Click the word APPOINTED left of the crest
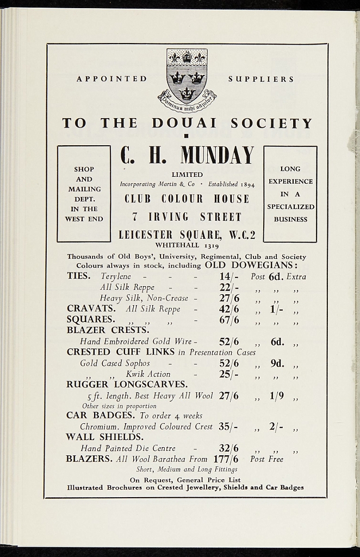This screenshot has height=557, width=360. pyautogui.click(x=112, y=79)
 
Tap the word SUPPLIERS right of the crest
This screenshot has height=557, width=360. pyautogui.click(x=261, y=79)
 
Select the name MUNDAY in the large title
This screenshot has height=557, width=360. pyautogui.click(x=218, y=155)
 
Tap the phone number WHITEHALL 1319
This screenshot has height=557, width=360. pyautogui.click(x=187, y=245)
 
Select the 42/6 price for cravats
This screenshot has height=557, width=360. pyautogui.click(x=229, y=309)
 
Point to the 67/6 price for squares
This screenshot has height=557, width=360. pyautogui.click(x=229, y=320)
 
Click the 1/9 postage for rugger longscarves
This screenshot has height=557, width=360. pyautogui.click(x=277, y=396)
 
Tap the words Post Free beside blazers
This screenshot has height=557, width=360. pyautogui.click(x=266, y=459)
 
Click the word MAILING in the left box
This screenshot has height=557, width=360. pyautogui.click(x=84, y=189)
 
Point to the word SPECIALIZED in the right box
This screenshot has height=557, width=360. pyautogui.click(x=290, y=207)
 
